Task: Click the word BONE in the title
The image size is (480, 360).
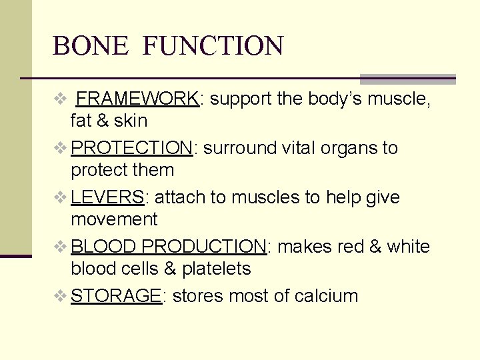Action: (90, 46)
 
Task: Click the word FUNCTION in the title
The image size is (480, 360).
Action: (213, 46)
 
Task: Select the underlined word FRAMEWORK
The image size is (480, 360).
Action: (138, 99)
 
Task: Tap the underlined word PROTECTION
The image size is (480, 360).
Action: (132, 148)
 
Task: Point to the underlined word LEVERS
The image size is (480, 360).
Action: (107, 197)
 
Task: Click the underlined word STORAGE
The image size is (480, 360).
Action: (116, 296)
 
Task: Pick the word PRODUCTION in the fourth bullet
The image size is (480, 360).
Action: (204, 247)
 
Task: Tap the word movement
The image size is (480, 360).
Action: (115, 219)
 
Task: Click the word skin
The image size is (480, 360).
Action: (131, 121)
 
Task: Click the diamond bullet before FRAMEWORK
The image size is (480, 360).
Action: (60, 99)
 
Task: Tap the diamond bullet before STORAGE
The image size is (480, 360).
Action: (60, 296)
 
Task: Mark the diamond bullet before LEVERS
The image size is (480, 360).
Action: (60, 197)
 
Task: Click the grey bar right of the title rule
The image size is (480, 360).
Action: (407, 79)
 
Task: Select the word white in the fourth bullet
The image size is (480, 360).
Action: (408, 247)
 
